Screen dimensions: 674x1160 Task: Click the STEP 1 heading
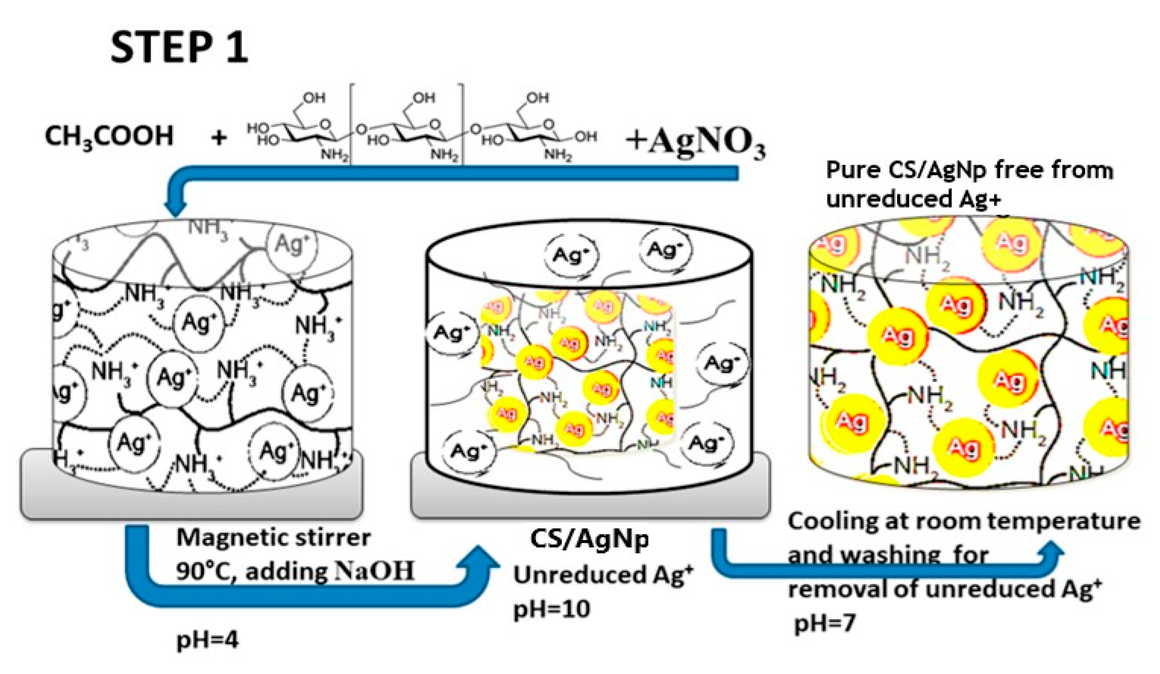pyautogui.click(x=179, y=48)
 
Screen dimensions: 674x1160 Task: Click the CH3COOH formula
pyautogui.click(x=109, y=136)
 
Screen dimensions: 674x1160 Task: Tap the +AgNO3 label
pyautogui.click(x=695, y=142)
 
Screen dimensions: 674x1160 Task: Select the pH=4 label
pyautogui.click(x=207, y=640)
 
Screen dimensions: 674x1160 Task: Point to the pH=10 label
pyautogui.click(x=551, y=609)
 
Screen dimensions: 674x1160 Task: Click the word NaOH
pyautogui.click(x=375, y=571)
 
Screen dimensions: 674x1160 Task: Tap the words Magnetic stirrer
pyautogui.click(x=273, y=538)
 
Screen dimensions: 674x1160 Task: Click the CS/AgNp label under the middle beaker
pyautogui.click(x=589, y=539)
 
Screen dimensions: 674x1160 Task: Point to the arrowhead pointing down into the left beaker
pyautogui.click(x=175, y=208)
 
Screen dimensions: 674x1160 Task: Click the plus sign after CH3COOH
pyautogui.click(x=219, y=138)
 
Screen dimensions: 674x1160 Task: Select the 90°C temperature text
pyautogui.click(x=202, y=572)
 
